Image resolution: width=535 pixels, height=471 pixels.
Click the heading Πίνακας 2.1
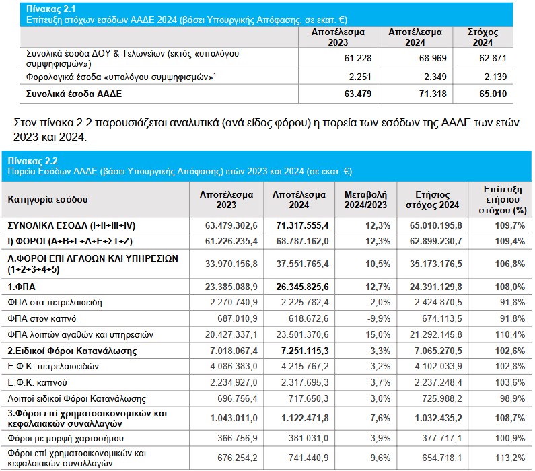click(x=51, y=9)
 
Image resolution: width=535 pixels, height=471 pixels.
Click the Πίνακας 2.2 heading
click(x=33, y=161)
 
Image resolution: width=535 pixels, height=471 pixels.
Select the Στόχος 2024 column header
click(x=483, y=37)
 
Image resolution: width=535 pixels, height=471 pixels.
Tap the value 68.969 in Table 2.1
click(x=433, y=58)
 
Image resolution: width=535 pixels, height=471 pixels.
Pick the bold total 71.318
click(x=433, y=94)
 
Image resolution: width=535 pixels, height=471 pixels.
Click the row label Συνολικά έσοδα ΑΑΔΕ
click(x=74, y=94)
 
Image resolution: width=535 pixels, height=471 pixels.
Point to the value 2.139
click(x=495, y=77)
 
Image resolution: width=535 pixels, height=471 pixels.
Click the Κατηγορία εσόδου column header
click(x=48, y=199)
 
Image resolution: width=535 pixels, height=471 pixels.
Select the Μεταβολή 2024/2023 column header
click(x=365, y=200)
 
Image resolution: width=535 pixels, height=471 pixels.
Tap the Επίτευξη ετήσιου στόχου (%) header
click(x=503, y=200)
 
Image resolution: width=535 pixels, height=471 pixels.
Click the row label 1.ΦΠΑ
click(x=22, y=287)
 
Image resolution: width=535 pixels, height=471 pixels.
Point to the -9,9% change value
click(x=379, y=318)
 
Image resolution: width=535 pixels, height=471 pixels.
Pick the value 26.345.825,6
click(x=302, y=287)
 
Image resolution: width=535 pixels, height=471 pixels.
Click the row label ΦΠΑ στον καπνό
click(x=42, y=318)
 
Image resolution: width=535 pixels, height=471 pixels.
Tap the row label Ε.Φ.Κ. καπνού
click(x=37, y=382)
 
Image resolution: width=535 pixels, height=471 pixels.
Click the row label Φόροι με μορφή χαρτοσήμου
click(x=65, y=438)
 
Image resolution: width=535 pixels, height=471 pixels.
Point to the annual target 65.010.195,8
click(x=435, y=225)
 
